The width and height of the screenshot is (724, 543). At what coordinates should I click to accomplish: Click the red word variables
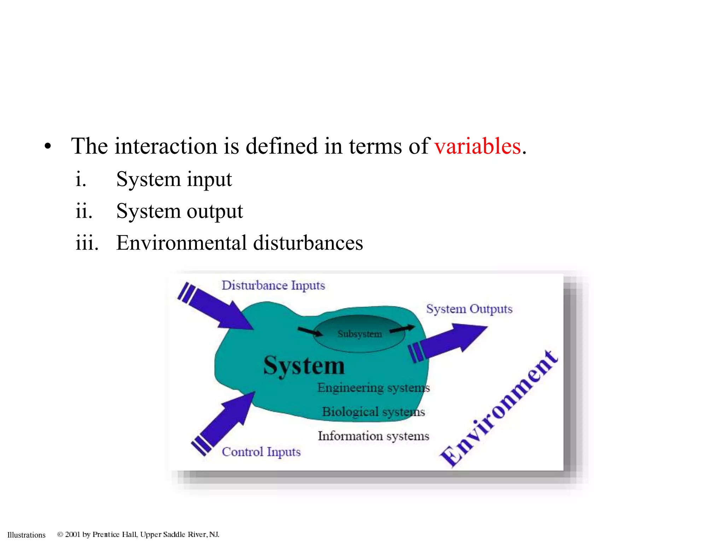[477, 146]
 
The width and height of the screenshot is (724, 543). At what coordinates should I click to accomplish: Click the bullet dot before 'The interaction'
[48, 147]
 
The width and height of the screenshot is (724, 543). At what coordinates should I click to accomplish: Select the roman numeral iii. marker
[87, 244]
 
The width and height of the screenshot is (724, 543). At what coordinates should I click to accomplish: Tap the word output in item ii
[215, 212]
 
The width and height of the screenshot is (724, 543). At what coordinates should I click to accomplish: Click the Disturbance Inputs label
[273, 286]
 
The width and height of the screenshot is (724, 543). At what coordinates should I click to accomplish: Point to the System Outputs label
[469, 309]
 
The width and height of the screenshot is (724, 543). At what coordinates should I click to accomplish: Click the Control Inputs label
[261, 452]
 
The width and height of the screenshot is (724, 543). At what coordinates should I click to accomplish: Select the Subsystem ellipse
[359, 334]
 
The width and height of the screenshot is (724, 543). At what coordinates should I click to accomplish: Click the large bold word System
[304, 366]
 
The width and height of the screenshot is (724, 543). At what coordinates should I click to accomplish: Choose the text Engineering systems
[373, 388]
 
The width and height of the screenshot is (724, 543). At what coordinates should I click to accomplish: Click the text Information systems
[373, 436]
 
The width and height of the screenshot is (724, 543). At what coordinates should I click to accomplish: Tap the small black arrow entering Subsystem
[310, 332]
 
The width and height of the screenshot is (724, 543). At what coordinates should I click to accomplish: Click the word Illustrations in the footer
[27, 535]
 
